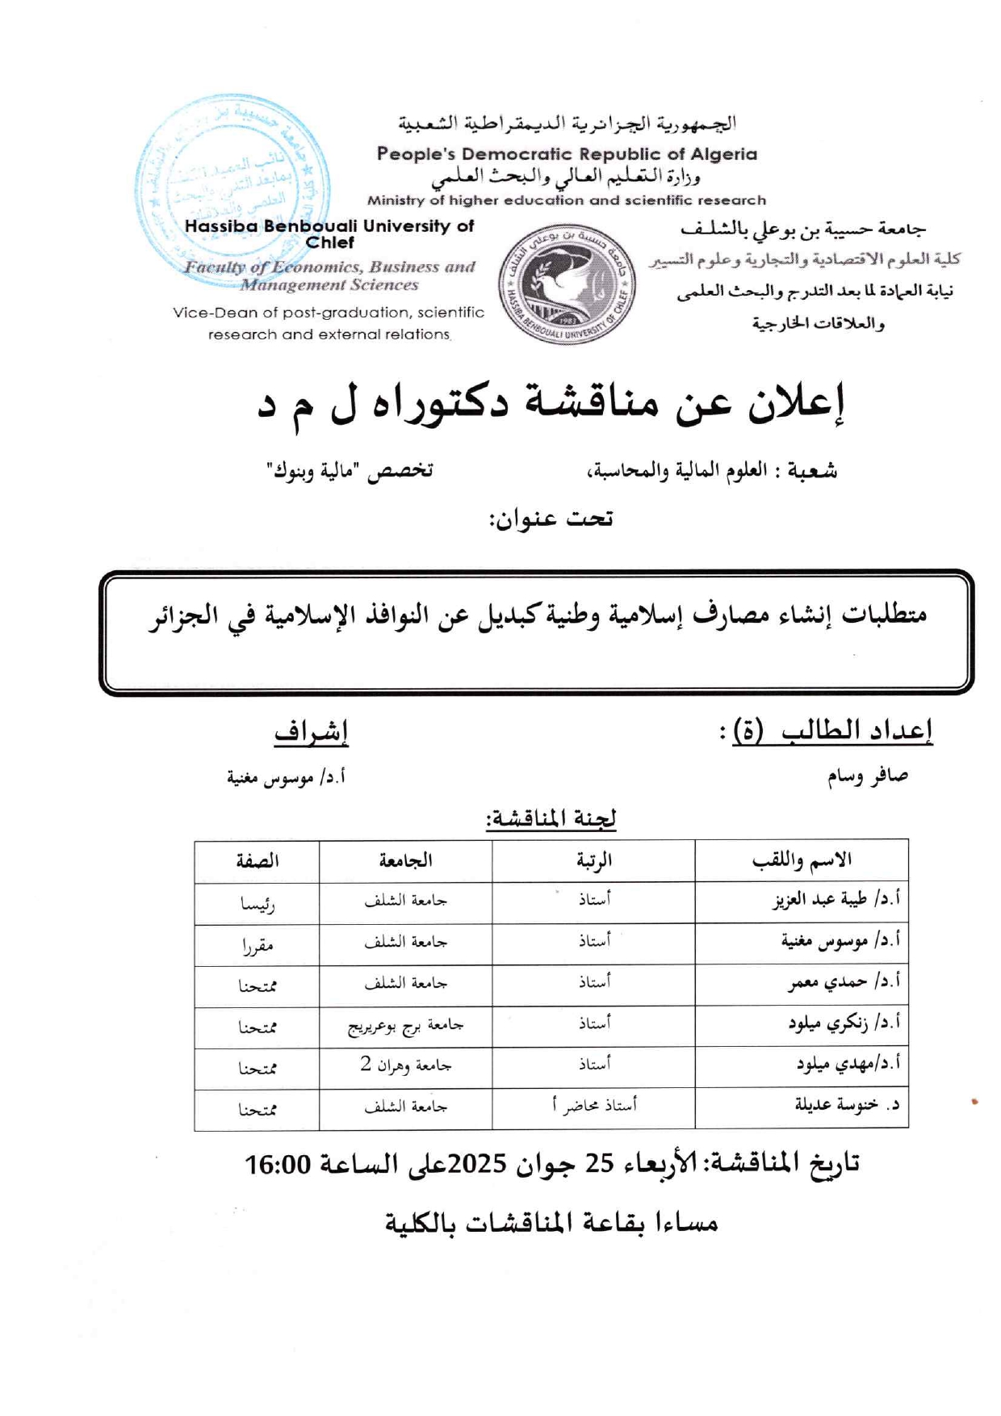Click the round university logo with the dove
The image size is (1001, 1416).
coord(567,284)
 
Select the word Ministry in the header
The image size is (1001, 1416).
coord(395,200)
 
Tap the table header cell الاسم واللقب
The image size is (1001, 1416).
coord(801,861)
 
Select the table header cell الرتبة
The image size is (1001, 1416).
coord(593,861)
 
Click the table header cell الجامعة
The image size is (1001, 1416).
coord(405,861)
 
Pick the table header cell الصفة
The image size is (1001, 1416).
coord(258,861)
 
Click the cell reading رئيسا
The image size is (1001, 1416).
coord(258,904)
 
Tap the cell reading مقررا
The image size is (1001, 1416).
coord(258,945)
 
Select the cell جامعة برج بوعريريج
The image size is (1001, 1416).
coord(405,1027)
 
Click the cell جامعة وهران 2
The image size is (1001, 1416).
coord(405,1067)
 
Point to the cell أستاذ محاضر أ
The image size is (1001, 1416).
coord(593,1106)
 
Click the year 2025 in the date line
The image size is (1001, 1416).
coord(476,1164)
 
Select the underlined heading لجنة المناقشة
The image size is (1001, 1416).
coord(551,819)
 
